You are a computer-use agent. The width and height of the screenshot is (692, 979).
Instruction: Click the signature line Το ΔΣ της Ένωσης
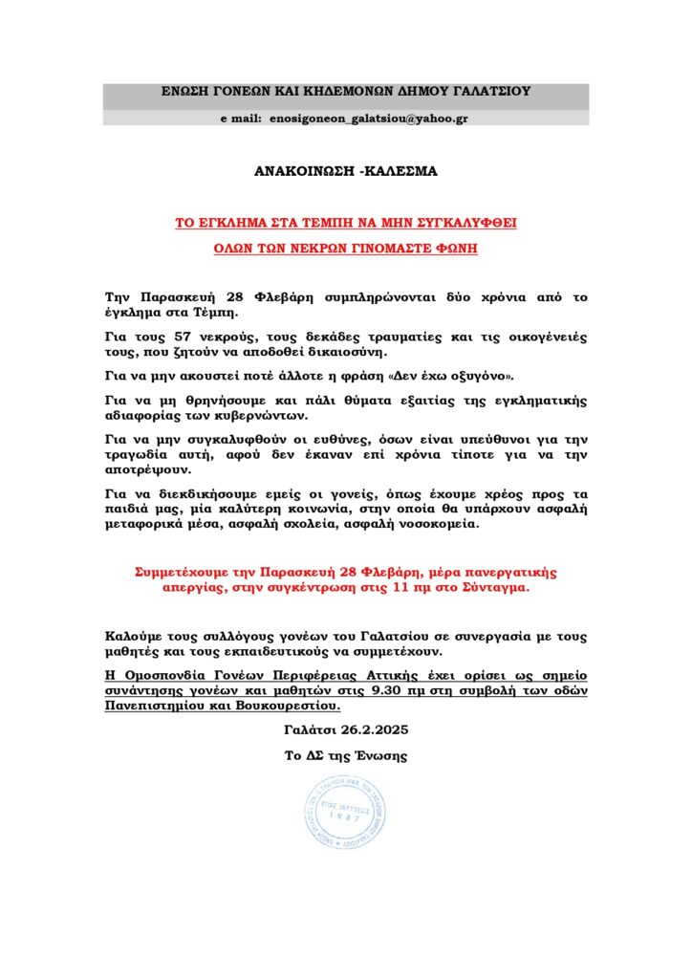pos(345,755)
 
